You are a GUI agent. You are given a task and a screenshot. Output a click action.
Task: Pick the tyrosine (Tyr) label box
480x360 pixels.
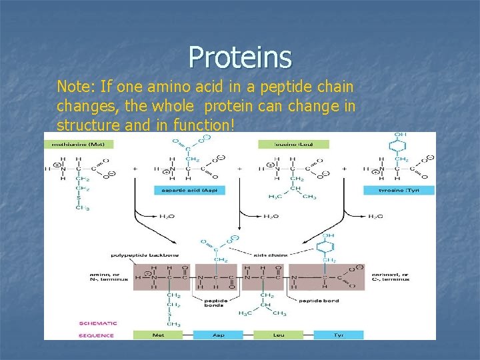[x=399, y=190]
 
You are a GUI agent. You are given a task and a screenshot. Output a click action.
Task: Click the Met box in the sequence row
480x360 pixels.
[x=158, y=335]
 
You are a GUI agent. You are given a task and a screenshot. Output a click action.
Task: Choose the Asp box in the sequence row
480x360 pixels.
[x=218, y=335]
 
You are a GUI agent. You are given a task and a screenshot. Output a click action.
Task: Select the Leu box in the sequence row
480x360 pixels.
[x=278, y=335]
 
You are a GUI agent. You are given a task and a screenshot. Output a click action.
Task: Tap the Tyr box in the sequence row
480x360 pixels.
[x=339, y=335]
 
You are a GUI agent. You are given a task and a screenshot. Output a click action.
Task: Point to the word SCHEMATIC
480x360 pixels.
[x=97, y=323]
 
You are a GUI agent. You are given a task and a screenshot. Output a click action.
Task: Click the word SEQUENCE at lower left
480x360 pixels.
[x=96, y=335]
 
